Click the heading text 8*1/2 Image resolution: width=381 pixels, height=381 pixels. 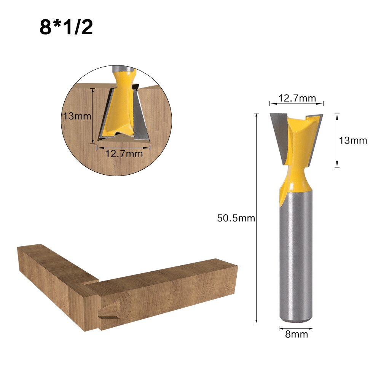pos(66,27)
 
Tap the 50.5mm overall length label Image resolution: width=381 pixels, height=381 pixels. pos(236,218)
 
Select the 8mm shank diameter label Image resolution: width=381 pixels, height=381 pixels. pos(296,335)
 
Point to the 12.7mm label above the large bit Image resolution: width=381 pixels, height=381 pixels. pos(297,98)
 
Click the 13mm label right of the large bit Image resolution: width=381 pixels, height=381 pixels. pos(353,140)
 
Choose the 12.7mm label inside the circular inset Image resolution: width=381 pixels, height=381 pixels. pos(124,154)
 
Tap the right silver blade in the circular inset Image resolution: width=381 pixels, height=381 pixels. pos(141,118)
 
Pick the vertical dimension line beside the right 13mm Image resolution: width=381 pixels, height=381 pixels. pos(336,140)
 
